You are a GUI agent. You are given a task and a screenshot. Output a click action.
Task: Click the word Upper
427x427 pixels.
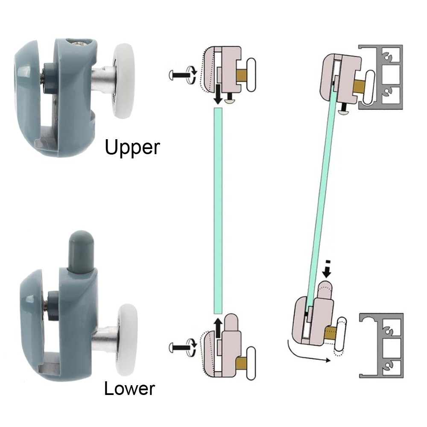[x=132, y=147]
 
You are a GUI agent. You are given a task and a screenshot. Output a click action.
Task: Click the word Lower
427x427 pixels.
[x=129, y=389]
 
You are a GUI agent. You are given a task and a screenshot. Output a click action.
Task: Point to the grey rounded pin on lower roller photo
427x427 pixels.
[x=81, y=252]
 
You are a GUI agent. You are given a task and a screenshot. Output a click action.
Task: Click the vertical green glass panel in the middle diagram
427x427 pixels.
[x=218, y=209]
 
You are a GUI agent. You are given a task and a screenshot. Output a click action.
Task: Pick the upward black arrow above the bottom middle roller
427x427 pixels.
[x=218, y=327]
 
